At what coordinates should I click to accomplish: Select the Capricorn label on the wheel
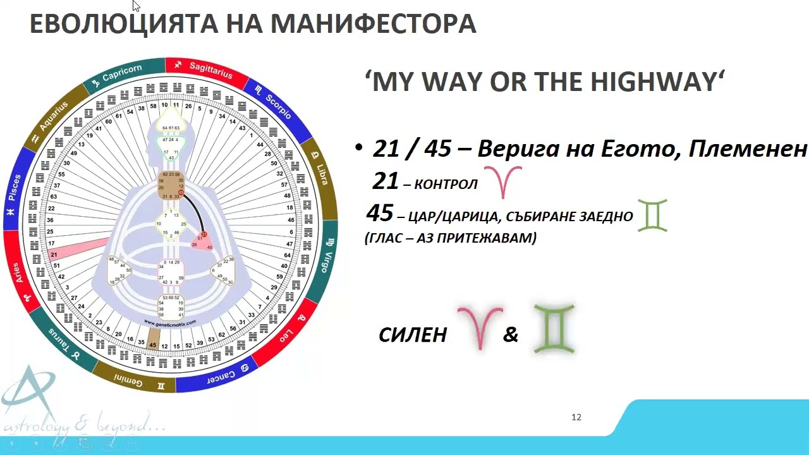point(122,73)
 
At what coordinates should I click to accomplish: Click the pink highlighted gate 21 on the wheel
point(54,255)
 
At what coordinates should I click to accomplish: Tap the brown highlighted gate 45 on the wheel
point(152,345)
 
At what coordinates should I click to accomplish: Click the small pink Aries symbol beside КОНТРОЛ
point(502,182)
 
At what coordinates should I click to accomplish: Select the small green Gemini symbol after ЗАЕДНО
point(652,216)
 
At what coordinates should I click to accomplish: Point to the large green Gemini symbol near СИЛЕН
point(554,329)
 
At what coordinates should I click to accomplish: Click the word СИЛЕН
point(413,335)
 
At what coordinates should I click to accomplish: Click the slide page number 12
point(576,417)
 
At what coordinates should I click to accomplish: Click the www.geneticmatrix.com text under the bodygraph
point(170,323)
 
